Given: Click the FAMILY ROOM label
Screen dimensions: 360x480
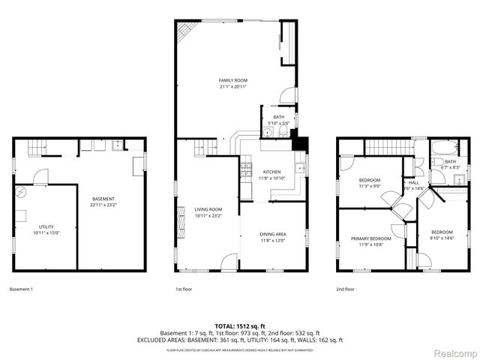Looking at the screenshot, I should (232, 80).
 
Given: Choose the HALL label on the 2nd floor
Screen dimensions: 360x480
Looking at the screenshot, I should (413, 182).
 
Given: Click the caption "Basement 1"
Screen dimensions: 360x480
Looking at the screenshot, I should (21, 289).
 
